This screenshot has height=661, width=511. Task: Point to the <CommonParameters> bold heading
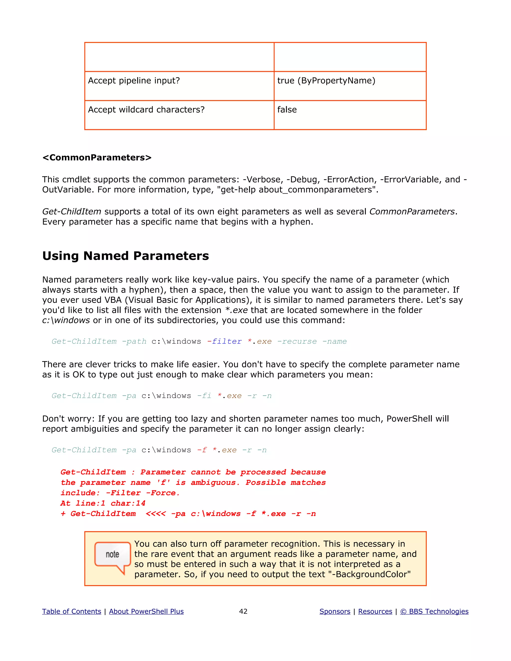click(x=97, y=158)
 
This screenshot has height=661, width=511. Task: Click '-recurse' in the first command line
click(x=297, y=341)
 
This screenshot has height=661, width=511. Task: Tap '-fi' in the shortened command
click(x=204, y=396)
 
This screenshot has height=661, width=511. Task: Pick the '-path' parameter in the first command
click(x=134, y=341)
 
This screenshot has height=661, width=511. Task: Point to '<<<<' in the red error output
click(x=156, y=514)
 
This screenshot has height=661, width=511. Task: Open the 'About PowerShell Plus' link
click(x=146, y=611)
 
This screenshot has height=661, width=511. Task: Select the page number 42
click(x=243, y=611)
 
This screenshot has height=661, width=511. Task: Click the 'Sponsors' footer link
click(x=335, y=611)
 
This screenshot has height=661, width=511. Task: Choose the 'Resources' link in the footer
click(x=375, y=611)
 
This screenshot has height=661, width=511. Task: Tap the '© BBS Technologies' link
click(x=434, y=611)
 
